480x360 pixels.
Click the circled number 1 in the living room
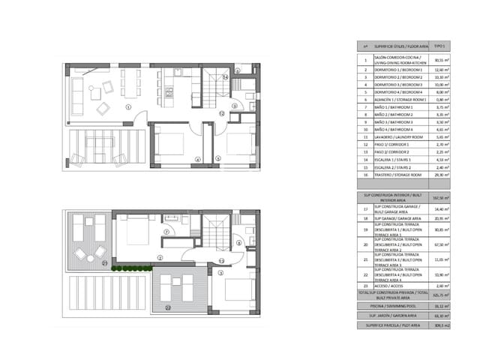tap(128, 107)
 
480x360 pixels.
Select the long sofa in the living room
tap(77, 90)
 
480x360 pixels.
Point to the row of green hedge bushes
tap(132, 268)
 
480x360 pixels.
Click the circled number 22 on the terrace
tap(168, 306)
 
